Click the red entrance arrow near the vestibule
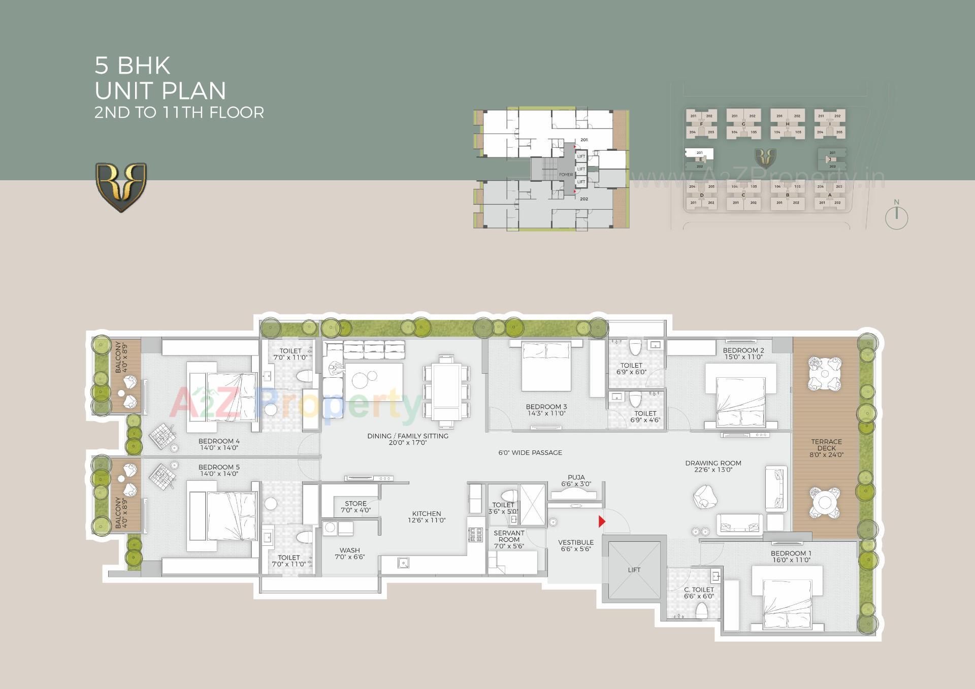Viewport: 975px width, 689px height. coord(602,521)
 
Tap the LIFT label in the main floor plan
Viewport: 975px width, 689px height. coord(634,570)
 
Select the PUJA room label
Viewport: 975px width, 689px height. coord(576,477)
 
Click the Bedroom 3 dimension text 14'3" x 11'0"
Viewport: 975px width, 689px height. coord(546,413)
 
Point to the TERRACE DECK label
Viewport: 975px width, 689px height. coord(826,445)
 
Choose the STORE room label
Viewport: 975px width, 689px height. coord(355,504)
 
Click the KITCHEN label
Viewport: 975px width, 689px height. coord(427,513)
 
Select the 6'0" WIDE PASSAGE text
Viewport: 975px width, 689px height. coord(530,452)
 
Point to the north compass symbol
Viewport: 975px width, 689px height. coord(896,217)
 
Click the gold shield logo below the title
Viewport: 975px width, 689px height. coord(121,187)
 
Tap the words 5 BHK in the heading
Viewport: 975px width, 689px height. coord(132,65)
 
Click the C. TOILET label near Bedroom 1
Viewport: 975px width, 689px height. coord(699,589)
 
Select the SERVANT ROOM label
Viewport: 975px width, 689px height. coord(509,536)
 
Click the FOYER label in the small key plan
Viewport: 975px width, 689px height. coord(566,175)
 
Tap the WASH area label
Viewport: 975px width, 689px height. coord(349,550)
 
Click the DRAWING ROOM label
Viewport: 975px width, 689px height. coord(713,463)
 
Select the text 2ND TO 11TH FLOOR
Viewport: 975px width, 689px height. coord(179,112)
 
